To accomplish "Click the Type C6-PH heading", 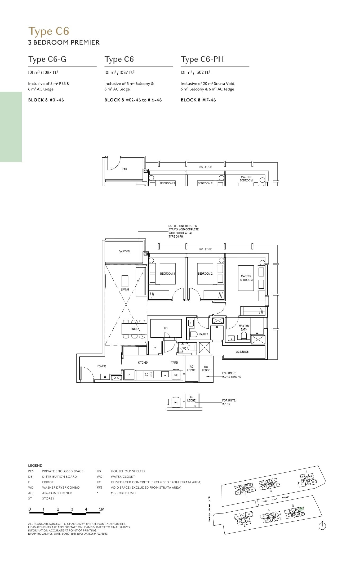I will coord(202,59).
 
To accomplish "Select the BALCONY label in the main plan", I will coord(124,251).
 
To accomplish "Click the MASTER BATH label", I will coord(244,328).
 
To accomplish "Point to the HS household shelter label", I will coord(166,328).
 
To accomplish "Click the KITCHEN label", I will coord(143,363).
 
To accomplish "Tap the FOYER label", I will coord(101,366).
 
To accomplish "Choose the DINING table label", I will coord(134,329).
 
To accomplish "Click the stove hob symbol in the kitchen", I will coord(149,374).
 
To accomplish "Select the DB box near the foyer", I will coord(105,377).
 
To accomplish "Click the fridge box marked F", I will coord(129,375).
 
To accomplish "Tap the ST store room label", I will coord(155,347).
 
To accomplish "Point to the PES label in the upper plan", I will coord(124,169).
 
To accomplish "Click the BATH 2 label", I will coord(203,334).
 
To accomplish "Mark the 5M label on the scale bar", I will coord(101,509).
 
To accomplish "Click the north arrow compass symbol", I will coord(322,526).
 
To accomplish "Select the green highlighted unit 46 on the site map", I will coord(301,509).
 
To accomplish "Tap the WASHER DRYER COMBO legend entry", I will coord(61,488).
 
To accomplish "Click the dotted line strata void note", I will coord(183,231).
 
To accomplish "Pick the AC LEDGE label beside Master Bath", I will coord(242,352).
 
